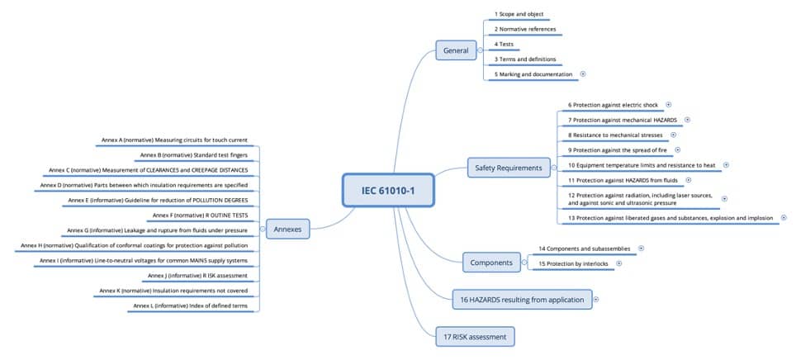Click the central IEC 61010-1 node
pyautogui.click(x=388, y=191)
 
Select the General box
pyautogui.click(x=456, y=50)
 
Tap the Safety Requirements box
pyautogui.click(x=509, y=168)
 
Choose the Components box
pyautogui.click(x=491, y=263)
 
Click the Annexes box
pyautogui.click(x=288, y=229)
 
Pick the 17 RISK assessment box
pyautogui.click(x=475, y=337)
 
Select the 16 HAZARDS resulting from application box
pyautogui.click(x=523, y=300)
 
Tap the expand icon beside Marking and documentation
pyautogui.click(x=583, y=73)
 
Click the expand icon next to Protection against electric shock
pyautogui.click(x=669, y=105)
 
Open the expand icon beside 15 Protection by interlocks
pyautogui.click(x=618, y=263)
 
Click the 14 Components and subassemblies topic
pyautogui.click(x=585, y=249)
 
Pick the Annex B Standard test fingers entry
pyautogui.click(x=193, y=154)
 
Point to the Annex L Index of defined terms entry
pyautogui.click(x=191, y=306)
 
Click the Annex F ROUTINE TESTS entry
pyautogui.click(x=200, y=216)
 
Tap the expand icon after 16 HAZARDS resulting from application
pyautogui.click(x=596, y=299)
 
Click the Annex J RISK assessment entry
pyautogui.click(x=197, y=276)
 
